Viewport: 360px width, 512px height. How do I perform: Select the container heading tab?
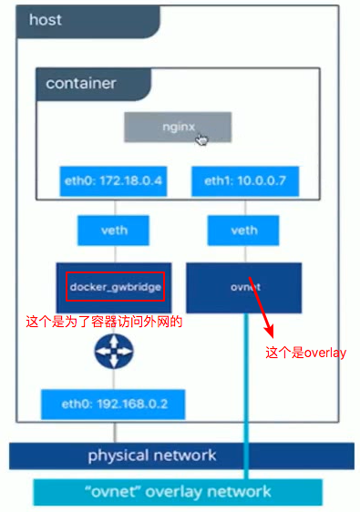[81, 83]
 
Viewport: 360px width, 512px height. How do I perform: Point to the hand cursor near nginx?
[201, 138]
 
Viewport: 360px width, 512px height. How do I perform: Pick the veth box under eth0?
[113, 230]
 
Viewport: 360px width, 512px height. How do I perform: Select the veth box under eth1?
[243, 230]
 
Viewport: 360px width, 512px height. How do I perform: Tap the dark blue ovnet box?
[243, 287]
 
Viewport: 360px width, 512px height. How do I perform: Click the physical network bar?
[151, 455]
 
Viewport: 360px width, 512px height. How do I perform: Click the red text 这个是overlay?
[305, 353]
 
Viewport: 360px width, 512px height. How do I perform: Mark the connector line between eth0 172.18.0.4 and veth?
[113, 204]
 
